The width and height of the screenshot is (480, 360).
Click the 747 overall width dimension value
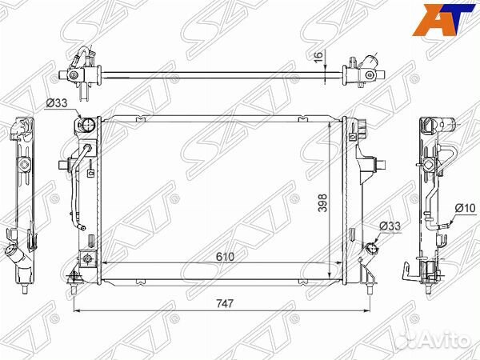pos(225,303)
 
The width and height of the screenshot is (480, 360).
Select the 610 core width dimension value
pos(225,257)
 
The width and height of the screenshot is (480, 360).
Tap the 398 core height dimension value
pos(322,202)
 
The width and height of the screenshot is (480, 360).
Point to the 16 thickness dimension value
pos(318,57)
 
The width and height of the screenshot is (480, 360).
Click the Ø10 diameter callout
pos(465,208)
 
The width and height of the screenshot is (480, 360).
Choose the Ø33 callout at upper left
pos(57,103)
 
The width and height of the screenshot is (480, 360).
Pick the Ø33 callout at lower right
pos(390,226)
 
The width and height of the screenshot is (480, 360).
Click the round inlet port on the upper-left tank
pos(87,124)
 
